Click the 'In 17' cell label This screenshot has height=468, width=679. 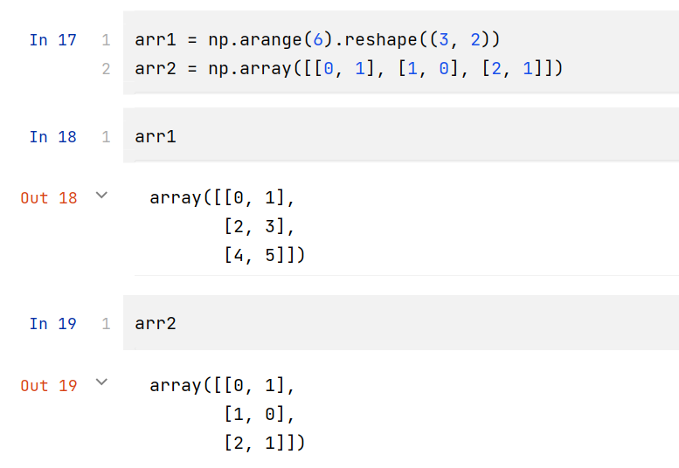(52, 40)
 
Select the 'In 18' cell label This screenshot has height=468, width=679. (52, 137)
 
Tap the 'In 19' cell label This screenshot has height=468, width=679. (52, 324)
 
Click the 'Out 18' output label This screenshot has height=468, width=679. (49, 198)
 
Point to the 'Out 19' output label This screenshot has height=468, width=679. (49, 386)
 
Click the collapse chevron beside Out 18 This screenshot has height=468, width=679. (101, 196)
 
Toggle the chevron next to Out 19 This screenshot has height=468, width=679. (101, 383)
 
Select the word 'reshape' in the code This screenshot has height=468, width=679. (382, 40)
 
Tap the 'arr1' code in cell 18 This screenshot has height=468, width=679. (156, 137)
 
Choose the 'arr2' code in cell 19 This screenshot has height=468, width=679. (156, 324)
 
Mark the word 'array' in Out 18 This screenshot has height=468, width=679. (176, 198)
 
